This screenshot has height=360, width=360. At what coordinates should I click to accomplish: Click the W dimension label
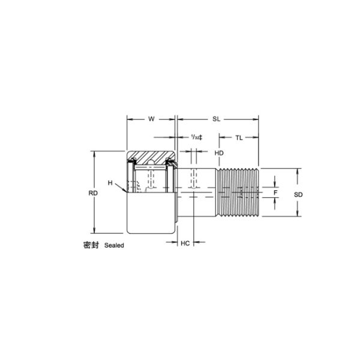pos(151,119)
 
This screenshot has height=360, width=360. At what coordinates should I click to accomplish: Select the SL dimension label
pos(216,119)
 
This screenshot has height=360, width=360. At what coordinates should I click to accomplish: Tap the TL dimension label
pos(239,138)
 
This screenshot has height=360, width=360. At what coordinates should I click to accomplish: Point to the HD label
pos(219,153)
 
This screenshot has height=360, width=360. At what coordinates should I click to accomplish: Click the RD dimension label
pos(93,193)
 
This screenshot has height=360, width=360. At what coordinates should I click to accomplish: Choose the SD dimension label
pos(298,194)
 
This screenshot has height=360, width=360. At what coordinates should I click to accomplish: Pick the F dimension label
pos(275,193)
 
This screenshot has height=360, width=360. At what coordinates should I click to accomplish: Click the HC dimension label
pos(185,243)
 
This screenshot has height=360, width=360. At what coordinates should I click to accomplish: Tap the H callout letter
pos(110,183)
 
